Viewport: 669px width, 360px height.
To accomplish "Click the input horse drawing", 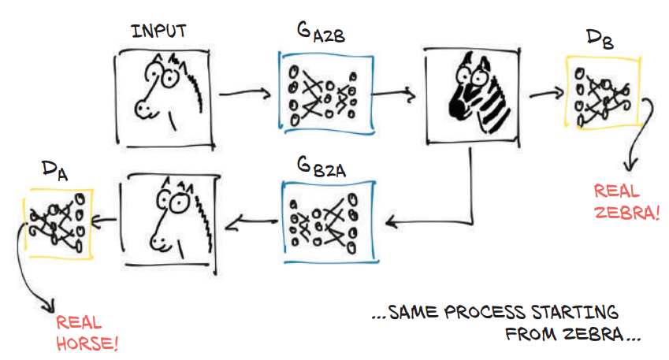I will pyautogui.click(x=166, y=96).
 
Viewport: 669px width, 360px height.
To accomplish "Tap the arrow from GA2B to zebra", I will pyautogui.click(x=395, y=95).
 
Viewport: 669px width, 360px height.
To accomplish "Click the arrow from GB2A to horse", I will pyautogui.click(x=250, y=224).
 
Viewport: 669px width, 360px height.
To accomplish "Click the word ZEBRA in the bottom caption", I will pyautogui.click(x=586, y=333).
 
